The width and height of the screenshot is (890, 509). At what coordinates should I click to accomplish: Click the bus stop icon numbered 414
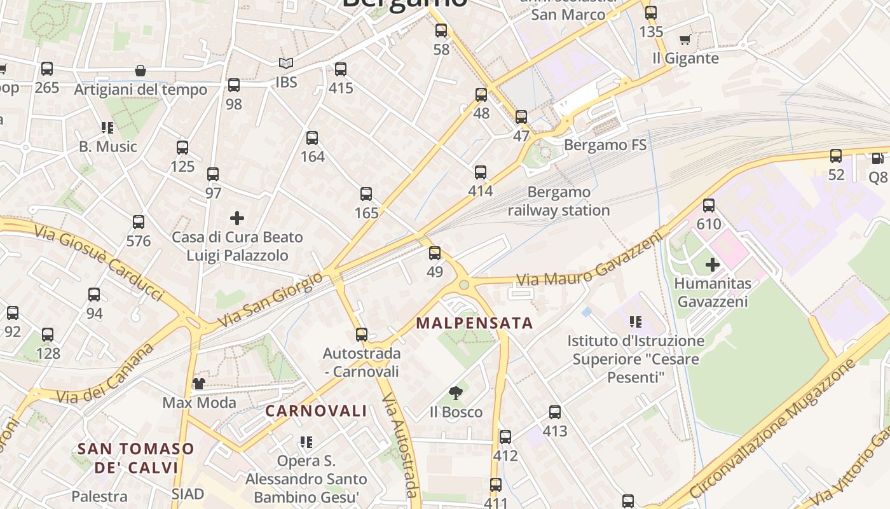pos(481,172)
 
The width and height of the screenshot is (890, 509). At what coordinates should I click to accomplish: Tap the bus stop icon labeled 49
pos(435,253)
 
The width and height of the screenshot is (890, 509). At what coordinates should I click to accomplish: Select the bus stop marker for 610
pos(709,206)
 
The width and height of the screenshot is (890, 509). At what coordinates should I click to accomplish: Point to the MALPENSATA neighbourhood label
pos(474,323)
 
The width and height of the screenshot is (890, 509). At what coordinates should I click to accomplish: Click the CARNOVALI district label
pos(316,411)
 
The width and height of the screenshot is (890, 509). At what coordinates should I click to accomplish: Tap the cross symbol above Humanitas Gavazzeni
pos(713,264)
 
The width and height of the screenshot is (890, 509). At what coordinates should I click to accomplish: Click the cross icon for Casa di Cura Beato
pos(237,218)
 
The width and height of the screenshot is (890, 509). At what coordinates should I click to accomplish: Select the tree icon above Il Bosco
pos(455,393)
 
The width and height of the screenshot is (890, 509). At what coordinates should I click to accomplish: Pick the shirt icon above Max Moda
pos(199,383)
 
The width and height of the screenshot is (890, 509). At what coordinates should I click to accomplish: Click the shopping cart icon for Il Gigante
pos(685,40)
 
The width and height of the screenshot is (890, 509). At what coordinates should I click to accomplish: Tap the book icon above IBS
pos(286,63)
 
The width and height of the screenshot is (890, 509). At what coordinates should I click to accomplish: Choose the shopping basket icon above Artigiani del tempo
pos(140,71)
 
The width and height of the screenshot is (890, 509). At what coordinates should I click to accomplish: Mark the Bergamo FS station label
pos(605,145)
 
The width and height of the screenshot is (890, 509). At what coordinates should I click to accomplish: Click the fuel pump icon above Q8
pos(878,158)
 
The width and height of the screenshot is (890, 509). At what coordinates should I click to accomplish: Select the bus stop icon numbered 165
pos(366,194)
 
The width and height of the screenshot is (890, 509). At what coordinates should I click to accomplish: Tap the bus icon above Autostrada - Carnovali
pos(361,334)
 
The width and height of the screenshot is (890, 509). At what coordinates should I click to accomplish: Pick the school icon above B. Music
pos(107,128)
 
